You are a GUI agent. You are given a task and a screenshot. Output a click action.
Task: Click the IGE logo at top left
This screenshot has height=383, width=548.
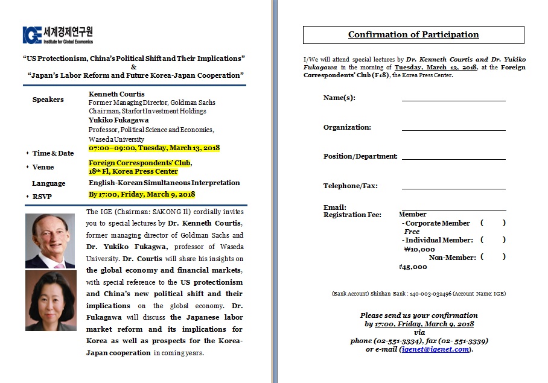[58, 35]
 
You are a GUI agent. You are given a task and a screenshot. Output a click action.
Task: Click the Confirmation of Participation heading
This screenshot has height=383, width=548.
[413, 34]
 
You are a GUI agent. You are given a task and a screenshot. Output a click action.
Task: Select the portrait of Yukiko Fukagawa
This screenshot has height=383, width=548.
[51, 300]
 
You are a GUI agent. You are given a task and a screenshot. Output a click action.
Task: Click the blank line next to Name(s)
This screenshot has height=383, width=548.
[453, 98]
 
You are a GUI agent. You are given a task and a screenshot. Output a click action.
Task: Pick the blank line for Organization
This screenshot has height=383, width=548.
[453, 128]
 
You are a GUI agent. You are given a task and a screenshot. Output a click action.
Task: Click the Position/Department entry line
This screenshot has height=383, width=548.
[453, 157]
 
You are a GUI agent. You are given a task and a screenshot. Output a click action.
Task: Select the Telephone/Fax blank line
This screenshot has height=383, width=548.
[453, 186]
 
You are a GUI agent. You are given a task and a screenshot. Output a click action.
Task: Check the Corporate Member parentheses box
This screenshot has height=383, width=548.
[493, 223]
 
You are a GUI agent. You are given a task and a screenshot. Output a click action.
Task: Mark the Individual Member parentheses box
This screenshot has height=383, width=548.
[493, 240]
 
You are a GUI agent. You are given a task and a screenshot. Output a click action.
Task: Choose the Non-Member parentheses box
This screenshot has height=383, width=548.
[493, 258]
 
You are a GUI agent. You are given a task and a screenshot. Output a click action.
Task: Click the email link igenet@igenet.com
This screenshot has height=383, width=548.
[435, 349]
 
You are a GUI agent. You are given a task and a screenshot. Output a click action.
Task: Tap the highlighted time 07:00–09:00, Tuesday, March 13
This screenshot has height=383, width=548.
[154, 148]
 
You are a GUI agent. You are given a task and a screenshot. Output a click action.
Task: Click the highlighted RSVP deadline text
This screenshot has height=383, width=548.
[142, 194]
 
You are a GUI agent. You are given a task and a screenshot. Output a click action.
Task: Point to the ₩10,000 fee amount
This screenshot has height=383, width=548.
[419, 248]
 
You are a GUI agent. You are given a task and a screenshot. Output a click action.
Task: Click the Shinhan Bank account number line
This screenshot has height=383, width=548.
[418, 294]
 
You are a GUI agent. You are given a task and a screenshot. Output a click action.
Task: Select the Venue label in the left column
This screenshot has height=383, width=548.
[43, 167]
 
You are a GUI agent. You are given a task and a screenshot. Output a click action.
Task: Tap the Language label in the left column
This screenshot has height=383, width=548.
[48, 183]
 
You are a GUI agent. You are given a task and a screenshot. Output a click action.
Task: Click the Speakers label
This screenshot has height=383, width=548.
[48, 100]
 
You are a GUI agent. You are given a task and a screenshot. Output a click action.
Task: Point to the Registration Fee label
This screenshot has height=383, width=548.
[352, 215]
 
